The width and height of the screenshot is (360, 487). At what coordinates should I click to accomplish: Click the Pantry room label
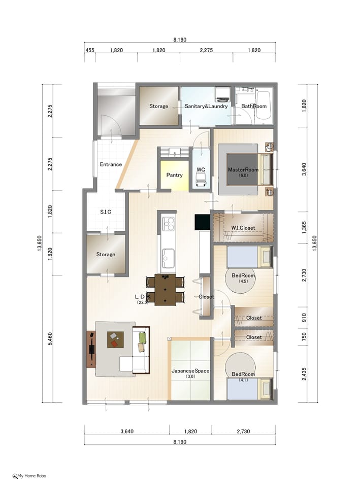(x=174, y=175)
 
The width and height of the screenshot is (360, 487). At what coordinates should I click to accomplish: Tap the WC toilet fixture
(x=201, y=179)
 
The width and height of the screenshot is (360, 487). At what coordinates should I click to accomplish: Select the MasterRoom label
(x=243, y=169)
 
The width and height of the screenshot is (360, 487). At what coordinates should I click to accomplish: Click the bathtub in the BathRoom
(x=264, y=105)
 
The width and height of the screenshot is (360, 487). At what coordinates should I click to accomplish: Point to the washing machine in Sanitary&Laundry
(x=222, y=95)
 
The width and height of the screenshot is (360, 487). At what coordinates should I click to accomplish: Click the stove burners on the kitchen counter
(x=168, y=224)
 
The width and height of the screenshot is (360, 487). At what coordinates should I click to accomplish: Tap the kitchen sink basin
(x=168, y=258)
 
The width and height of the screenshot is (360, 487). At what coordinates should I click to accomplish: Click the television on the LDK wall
(x=92, y=350)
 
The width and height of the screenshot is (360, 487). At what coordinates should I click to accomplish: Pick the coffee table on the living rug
(x=115, y=340)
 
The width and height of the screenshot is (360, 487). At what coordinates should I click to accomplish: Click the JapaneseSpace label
(x=190, y=371)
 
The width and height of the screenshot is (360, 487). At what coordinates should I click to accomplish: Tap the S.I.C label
(x=106, y=212)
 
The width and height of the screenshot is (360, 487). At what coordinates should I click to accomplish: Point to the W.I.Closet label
(x=243, y=228)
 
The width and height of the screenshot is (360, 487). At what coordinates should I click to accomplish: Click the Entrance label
(x=111, y=164)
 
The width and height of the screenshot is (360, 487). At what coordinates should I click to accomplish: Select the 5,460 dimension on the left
(x=50, y=339)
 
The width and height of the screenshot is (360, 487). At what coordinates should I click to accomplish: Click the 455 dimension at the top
(x=90, y=50)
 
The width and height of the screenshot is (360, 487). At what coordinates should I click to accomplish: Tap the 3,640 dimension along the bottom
(x=127, y=431)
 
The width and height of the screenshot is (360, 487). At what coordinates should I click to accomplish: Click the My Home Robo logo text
(x=31, y=476)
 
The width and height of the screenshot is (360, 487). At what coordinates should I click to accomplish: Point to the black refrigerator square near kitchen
(x=203, y=222)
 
